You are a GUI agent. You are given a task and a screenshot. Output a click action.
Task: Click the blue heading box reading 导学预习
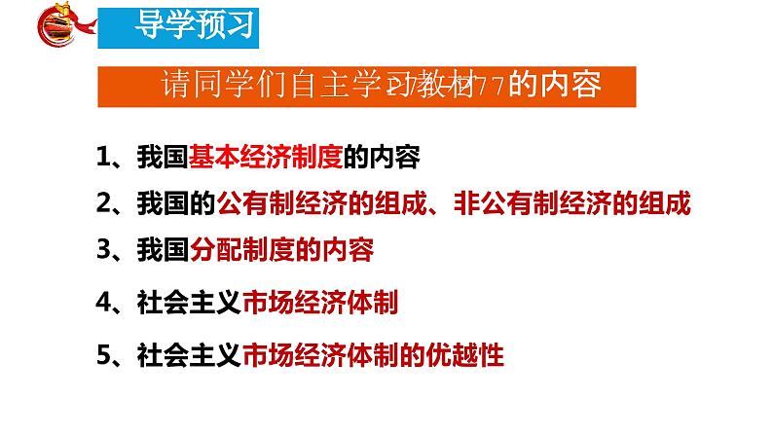pyautogui.click(x=182, y=25)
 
